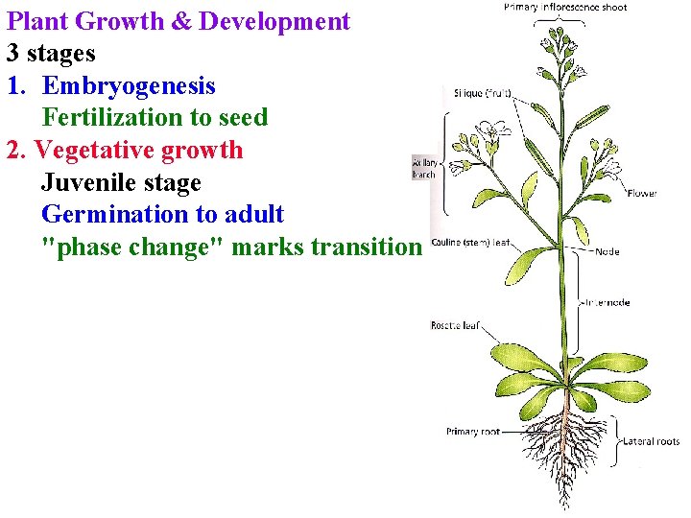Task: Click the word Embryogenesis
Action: [x=129, y=85]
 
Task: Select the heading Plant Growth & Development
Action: [x=179, y=21]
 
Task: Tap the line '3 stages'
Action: [x=51, y=53]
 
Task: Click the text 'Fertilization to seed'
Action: [x=155, y=118]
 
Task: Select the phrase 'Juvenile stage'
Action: [x=121, y=182]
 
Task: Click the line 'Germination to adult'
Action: [x=162, y=214]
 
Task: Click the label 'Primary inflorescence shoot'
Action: [x=565, y=8]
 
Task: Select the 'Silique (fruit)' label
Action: [x=483, y=93]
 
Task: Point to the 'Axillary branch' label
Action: [x=423, y=168]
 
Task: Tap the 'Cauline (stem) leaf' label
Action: [x=470, y=243]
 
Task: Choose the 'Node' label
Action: [x=607, y=252]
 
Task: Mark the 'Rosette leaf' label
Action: [x=454, y=326]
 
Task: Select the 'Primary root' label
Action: [x=472, y=432]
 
